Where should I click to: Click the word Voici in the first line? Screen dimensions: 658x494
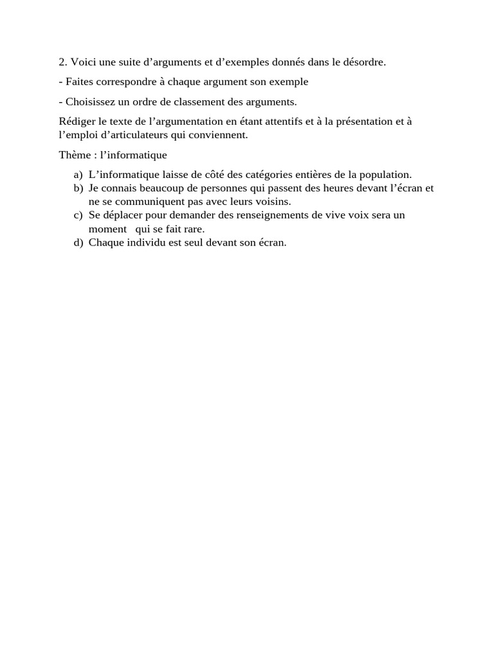(82, 62)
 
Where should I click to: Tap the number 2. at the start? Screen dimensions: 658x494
(63, 62)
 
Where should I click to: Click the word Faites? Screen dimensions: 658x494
(79, 82)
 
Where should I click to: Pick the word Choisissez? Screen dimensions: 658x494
(89, 102)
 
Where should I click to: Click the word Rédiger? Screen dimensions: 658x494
(74, 122)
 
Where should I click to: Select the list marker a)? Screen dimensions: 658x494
(78, 175)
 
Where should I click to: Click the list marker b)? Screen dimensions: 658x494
(78, 188)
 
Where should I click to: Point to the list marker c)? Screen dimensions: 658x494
(78, 215)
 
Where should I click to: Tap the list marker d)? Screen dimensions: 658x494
(78, 243)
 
